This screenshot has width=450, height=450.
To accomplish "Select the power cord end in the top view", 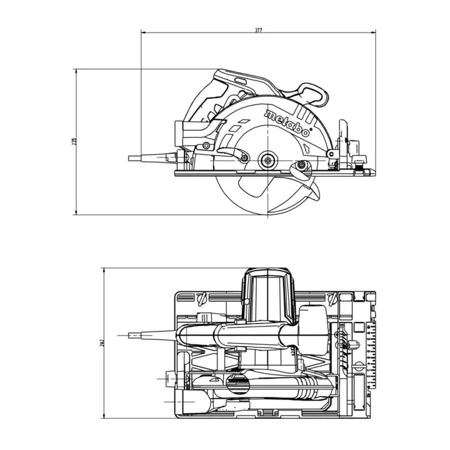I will (134, 336).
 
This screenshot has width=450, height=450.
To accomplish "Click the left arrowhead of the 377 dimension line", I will (143, 31).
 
